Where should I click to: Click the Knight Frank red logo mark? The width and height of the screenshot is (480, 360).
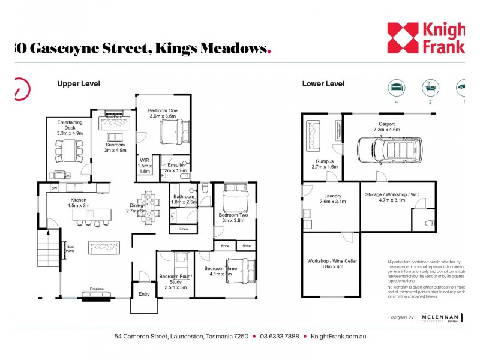tap(403, 37)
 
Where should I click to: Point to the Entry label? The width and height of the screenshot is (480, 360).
tap(145, 294)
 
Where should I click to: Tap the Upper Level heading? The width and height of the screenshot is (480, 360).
tap(79, 84)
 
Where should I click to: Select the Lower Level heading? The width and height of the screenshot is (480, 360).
tap(323, 84)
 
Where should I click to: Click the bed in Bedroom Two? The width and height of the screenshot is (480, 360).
tap(235, 196)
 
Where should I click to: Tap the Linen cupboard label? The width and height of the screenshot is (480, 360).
tap(184, 229)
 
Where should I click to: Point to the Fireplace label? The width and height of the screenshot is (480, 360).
tap(97, 289)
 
